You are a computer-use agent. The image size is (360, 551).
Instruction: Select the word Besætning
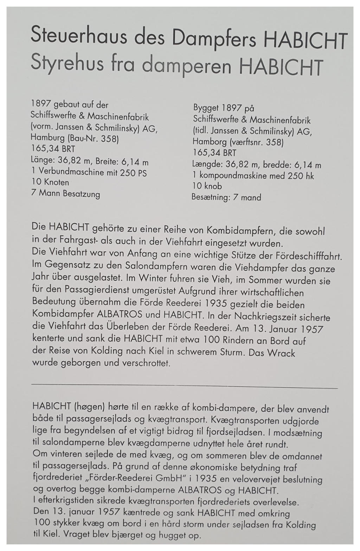pos(210,197)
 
